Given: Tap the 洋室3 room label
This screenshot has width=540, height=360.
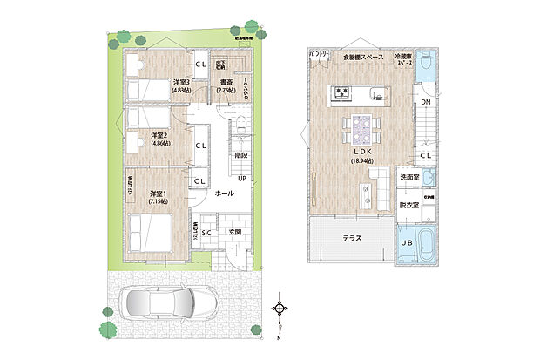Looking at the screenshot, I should [x=182, y=82].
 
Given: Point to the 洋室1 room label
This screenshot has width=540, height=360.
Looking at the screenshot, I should [x=159, y=193].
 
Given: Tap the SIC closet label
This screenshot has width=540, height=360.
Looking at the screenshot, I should [x=206, y=232].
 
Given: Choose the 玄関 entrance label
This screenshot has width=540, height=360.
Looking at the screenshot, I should [x=235, y=232].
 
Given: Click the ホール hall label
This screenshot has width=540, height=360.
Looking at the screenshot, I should [x=224, y=193].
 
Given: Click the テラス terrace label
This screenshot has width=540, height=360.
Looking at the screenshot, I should [x=352, y=237].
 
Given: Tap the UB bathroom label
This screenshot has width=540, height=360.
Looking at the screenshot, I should [x=406, y=241].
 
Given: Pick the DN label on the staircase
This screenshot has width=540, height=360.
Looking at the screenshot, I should [x=424, y=103].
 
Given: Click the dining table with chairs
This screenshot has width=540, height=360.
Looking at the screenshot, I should [x=361, y=129].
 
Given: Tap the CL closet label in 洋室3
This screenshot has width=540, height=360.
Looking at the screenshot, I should [x=200, y=66].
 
